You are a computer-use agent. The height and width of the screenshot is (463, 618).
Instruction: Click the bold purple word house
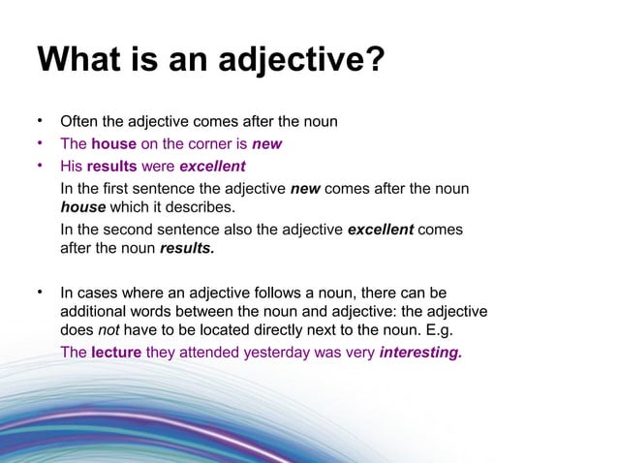[113, 144]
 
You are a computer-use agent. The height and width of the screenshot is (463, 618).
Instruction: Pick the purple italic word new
[266, 144]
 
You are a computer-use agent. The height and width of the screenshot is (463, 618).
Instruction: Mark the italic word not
[108, 330]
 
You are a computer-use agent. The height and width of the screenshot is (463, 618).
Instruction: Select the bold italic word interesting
[420, 353]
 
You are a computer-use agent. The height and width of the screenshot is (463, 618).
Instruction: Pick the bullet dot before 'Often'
[41, 122]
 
